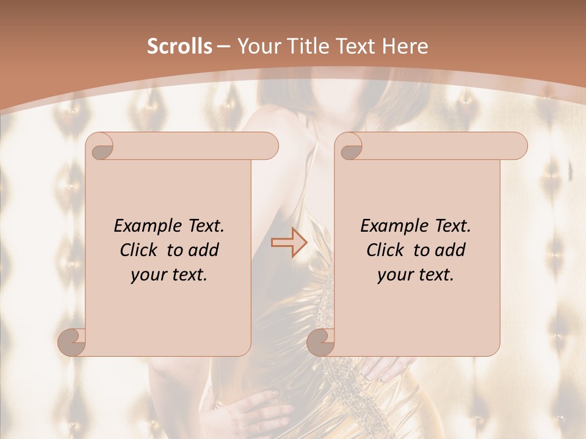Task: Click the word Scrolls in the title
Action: point(179,46)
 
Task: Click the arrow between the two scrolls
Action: point(289,243)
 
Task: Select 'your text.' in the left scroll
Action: point(169,275)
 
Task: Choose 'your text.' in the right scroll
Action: point(416,275)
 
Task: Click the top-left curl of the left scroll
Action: point(99,147)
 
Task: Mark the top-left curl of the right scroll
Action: point(349,147)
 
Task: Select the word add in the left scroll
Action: point(203,250)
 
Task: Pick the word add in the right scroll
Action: point(450,250)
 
